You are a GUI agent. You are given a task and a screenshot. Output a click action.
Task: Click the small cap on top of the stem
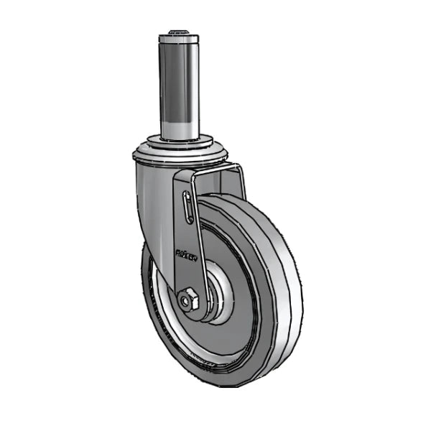pos(179,32)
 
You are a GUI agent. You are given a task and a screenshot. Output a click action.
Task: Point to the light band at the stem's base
pos(179,129)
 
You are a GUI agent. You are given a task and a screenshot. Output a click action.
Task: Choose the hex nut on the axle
pos(190,298)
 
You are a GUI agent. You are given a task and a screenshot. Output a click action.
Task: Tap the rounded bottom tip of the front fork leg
pos(194,312)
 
